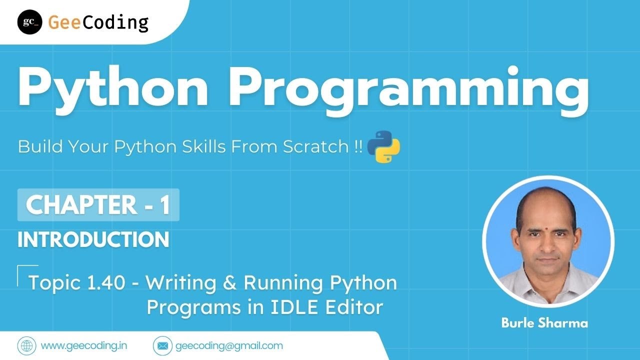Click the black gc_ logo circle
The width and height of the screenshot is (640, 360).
(x=29, y=22)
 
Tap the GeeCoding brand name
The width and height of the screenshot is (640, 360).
(x=98, y=22)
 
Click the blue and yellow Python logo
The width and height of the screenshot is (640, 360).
(x=383, y=146)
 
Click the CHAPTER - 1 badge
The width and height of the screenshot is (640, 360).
(x=98, y=205)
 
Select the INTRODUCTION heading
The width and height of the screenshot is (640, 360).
(x=93, y=240)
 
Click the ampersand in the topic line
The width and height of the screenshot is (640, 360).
(x=229, y=283)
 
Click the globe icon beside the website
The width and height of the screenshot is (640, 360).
(x=27, y=345)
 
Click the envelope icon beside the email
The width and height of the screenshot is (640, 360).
(x=162, y=345)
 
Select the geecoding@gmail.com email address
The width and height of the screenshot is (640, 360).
(x=229, y=345)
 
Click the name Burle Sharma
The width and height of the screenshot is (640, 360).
(x=544, y=323)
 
